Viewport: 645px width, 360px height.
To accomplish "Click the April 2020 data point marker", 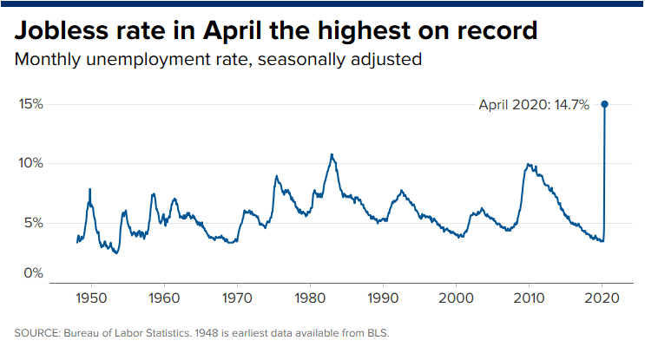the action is pos(604,104).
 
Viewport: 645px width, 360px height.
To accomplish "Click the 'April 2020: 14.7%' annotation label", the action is pos(534,105).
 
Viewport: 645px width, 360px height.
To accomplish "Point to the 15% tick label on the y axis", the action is pos(31,104).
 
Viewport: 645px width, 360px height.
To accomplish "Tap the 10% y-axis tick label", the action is pos(30,163).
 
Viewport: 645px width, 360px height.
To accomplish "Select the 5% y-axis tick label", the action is pos(33,223).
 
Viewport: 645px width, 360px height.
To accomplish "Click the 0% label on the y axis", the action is pos(33,273).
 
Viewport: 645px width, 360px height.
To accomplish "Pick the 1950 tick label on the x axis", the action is pos(91,298).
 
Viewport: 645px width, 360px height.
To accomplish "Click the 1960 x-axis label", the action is pos(164,298).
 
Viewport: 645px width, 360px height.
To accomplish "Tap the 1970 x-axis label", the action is pos(237,298).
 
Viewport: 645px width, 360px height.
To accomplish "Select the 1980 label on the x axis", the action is pos(310,298).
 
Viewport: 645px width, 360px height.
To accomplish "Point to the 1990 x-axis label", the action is pos(383,298).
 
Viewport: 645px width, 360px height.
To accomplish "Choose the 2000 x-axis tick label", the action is pos(456,298).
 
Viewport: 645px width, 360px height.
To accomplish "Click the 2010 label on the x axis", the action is pos(529,298).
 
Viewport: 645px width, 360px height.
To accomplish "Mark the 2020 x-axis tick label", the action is pos(602,298).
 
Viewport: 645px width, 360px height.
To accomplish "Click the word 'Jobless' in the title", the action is pos(62,30).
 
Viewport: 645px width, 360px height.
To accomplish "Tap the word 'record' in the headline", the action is pos(497,30).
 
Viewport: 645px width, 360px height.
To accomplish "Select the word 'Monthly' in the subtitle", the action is pos(48,60).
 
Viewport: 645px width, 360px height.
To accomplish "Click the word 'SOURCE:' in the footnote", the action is pos(37,333).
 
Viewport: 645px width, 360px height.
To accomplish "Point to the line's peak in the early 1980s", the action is pos(332,154).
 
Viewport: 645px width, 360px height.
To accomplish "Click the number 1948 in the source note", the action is pos(207,333).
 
